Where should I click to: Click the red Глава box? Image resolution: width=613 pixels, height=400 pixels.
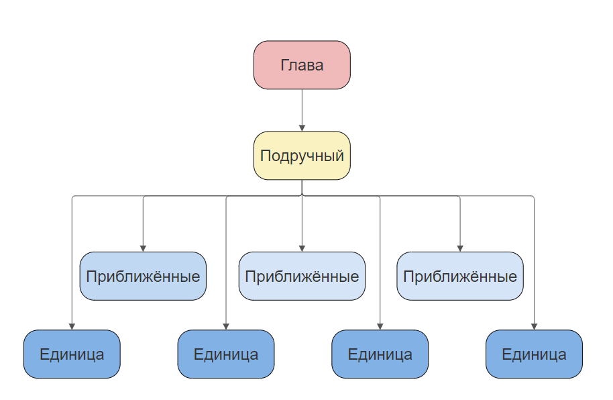coord(302,65)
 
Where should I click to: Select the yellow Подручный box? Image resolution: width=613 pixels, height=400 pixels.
coord(302,156)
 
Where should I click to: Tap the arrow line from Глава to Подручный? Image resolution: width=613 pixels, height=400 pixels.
coord(302,107)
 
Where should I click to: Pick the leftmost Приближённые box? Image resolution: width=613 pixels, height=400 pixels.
coord(143,276)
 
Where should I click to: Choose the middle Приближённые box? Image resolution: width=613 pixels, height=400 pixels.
coord(302,276)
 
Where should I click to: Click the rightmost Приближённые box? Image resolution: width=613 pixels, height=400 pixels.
coord(460,276)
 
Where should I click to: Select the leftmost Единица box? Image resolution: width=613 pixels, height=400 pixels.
coord(72,354)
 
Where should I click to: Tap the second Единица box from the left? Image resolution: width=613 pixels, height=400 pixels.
coord(226,354)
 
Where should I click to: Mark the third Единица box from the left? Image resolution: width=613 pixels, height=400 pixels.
coord(380,354)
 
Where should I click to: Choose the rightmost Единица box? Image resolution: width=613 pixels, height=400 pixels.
coord(534,354)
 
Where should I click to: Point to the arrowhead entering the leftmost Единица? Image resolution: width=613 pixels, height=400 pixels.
coord(72,326)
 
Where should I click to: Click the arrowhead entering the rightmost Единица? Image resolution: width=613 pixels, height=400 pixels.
coord(534,326)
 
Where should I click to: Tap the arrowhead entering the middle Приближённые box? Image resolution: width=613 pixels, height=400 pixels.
coord(302,248)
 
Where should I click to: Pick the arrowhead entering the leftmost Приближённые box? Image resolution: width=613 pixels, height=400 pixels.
coord(143,248)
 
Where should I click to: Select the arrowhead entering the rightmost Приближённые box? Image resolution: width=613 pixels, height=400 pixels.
coord(460,248)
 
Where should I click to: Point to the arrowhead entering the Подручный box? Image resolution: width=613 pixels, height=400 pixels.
coord(302,128)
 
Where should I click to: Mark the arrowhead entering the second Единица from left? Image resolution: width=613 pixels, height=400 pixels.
coord(226,326)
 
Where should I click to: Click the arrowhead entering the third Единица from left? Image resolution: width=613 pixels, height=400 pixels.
coord(380,326)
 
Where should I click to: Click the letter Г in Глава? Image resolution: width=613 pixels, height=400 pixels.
coord(284,65)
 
